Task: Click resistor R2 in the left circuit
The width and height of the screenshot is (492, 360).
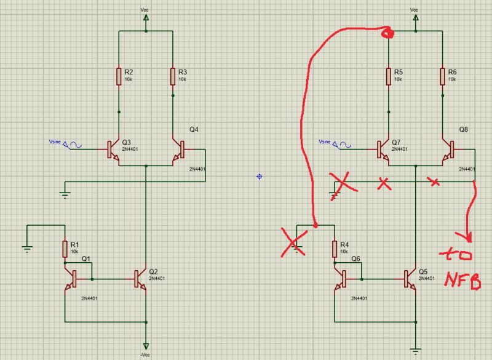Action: (x=119, y=77)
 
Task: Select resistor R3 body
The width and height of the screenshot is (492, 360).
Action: (x=173, y=77)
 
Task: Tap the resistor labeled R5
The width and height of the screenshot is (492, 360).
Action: (x=389, y=77)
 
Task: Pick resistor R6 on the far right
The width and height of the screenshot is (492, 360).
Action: (x=443, y=77)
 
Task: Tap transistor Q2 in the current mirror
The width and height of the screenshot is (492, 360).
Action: (x=141, y=279)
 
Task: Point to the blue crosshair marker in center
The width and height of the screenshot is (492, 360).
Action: (x=259, y=177)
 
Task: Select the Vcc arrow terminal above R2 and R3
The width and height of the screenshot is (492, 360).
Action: (x=146, y=20)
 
